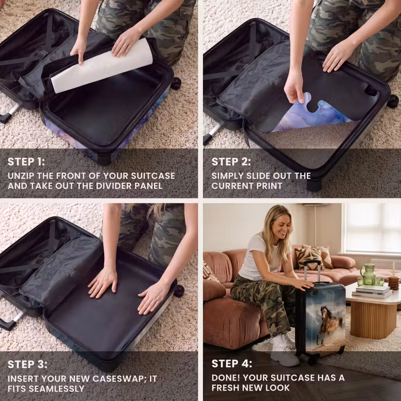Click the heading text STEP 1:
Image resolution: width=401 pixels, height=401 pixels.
coord(26,161)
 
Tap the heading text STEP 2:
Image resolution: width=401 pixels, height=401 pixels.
coord(231,161)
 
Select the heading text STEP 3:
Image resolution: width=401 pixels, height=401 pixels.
coord(27,365)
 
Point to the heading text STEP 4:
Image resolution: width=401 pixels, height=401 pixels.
coord(232,364)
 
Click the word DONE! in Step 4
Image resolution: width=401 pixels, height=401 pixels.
coord(226,377)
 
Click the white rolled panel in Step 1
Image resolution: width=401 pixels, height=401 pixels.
coord(102,66)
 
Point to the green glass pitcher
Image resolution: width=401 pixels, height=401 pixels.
coord(368,274)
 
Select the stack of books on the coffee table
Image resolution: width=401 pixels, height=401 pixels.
coord(372,291)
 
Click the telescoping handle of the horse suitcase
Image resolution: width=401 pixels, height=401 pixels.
coord(312,271)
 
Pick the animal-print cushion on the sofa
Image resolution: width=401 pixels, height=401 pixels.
coord(308,259)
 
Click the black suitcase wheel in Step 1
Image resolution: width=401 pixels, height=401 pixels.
coord(176,83)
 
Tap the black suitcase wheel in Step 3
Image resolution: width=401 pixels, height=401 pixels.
coord(179,291)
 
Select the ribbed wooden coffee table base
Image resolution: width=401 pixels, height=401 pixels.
coord(373,320)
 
